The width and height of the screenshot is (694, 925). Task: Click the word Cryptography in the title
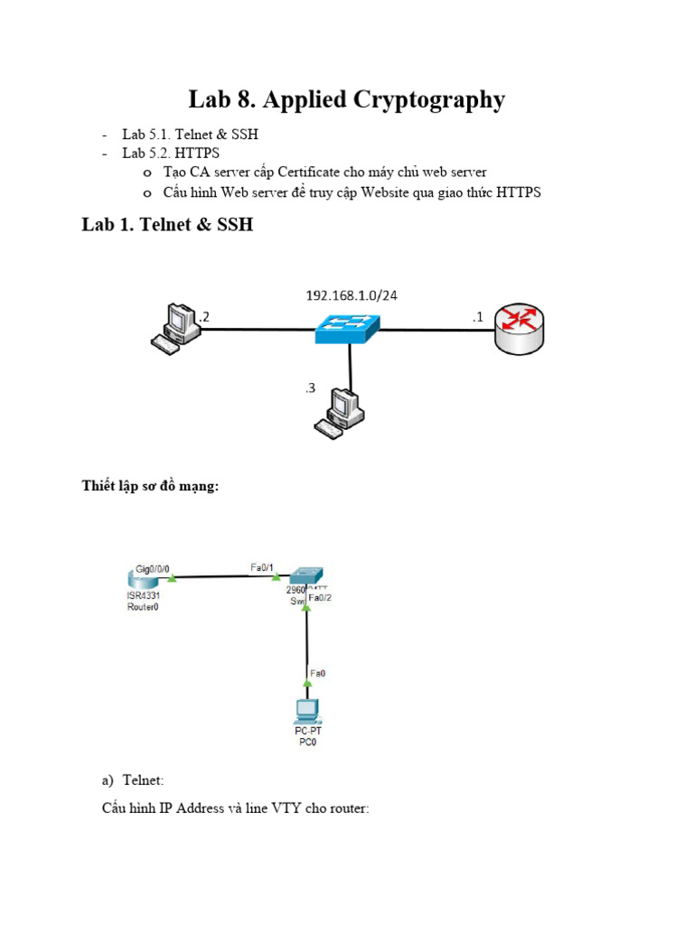click(418, 99)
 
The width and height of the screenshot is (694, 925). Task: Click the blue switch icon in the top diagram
click(348, 329)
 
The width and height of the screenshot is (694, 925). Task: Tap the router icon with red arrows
click(520, 329)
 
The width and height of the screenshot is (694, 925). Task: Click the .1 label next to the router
click(477, 316)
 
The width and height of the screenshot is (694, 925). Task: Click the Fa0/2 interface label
click(321, 597)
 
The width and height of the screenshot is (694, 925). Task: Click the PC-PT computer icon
click(305, 712)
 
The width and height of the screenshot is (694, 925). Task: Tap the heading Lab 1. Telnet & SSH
click(167, 225)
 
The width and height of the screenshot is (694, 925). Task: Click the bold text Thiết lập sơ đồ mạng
click(151, 487)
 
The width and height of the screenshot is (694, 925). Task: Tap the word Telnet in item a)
click(143, 779)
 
